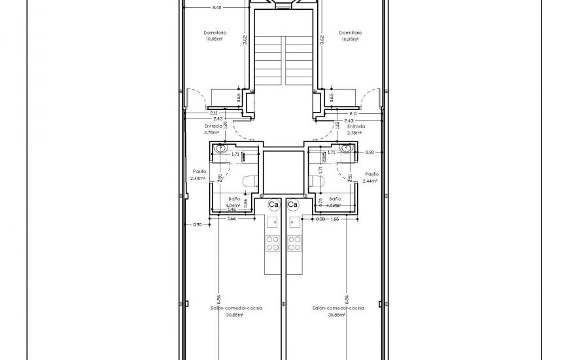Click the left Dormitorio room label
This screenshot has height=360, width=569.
tap(213, 32)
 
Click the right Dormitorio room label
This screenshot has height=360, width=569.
tap(351, 32)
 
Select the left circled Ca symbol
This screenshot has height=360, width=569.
tap(274, 204)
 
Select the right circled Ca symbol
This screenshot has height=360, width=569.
tap(292, 204)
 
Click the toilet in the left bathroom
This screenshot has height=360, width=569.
tap(248, 181)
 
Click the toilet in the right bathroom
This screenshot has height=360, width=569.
tap(318, 181)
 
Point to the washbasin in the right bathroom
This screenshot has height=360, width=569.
tap(345, 150)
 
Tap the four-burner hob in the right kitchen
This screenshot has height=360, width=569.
tap(293, 243)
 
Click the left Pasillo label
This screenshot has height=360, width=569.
tap(198, 171)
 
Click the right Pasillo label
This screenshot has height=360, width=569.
tap(372, 174)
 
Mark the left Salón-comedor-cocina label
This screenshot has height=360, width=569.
tap(235, 307)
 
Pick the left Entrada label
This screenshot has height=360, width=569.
tap(213, 126)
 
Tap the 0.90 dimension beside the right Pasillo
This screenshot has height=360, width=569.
tap(370, 152)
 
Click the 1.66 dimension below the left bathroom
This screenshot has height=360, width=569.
tap(232, 219)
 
